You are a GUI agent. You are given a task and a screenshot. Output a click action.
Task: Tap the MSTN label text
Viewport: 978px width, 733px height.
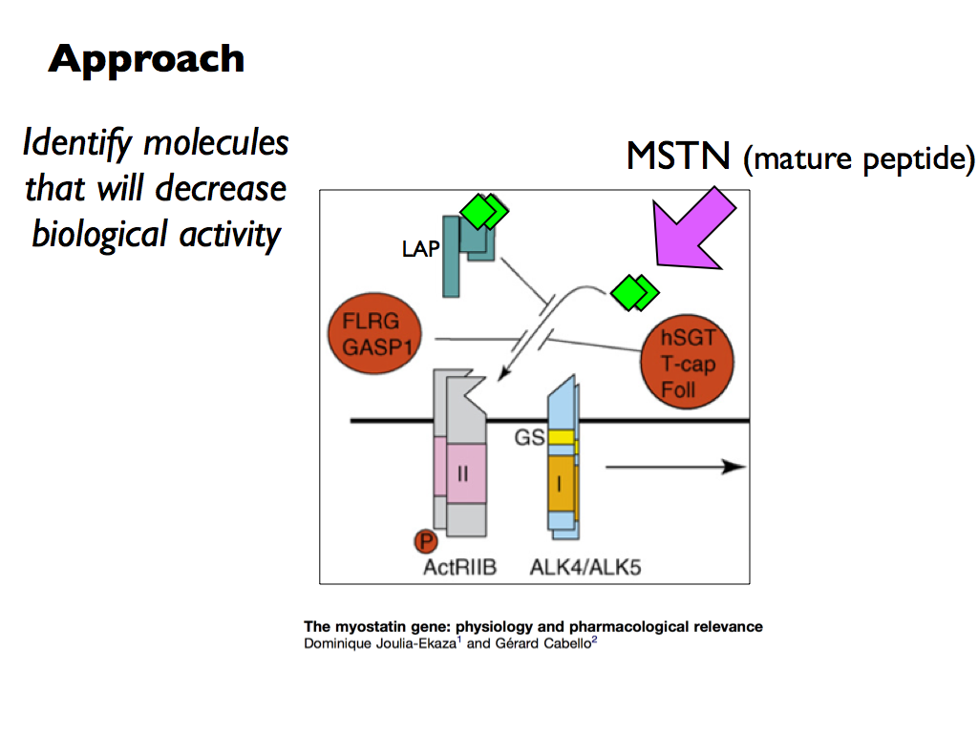[678, 156]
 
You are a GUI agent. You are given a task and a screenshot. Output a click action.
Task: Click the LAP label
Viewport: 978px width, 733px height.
[420, 249]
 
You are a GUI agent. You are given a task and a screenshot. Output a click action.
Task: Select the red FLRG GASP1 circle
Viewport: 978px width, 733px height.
[374, 333]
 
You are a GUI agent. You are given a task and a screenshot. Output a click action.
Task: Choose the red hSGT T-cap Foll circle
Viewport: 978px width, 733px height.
[688, 362]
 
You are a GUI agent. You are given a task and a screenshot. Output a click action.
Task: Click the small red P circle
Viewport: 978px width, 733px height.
[426, 541]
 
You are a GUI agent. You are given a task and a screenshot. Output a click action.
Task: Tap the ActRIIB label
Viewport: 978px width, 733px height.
[459, 567]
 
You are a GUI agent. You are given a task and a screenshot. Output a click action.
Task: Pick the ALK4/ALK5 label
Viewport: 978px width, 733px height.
[585, 567]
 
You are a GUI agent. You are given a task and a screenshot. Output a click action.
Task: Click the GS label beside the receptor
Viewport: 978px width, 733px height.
[529, 437]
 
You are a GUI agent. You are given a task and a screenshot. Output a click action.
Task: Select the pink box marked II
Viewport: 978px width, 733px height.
[466, 473]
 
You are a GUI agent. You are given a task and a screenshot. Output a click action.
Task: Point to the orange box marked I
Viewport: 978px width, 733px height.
[561, 483]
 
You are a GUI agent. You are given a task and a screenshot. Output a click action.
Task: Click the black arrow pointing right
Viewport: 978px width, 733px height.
[675, 466]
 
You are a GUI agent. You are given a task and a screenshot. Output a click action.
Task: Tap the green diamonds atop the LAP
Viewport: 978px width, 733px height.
[484, 211]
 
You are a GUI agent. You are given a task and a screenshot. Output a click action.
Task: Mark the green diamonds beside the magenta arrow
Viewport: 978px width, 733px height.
[634, 292]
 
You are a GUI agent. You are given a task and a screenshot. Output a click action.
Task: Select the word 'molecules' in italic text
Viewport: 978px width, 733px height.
[216, 143]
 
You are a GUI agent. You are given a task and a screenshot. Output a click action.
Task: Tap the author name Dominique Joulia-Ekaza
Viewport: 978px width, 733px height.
[380, 643]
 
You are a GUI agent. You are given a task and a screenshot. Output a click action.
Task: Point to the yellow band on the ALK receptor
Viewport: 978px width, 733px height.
[562, 437]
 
